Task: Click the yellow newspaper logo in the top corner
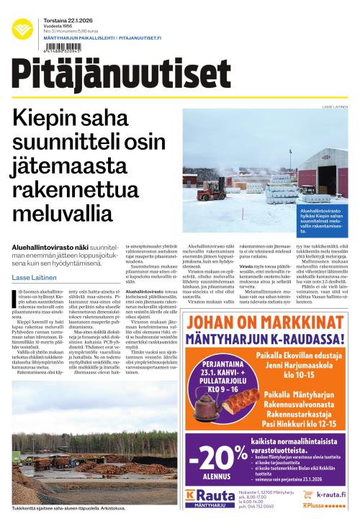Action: (x=22, y=28)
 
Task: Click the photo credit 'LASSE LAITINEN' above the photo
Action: (x=335, y=107)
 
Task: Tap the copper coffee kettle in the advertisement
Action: (x=208, y=404)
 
